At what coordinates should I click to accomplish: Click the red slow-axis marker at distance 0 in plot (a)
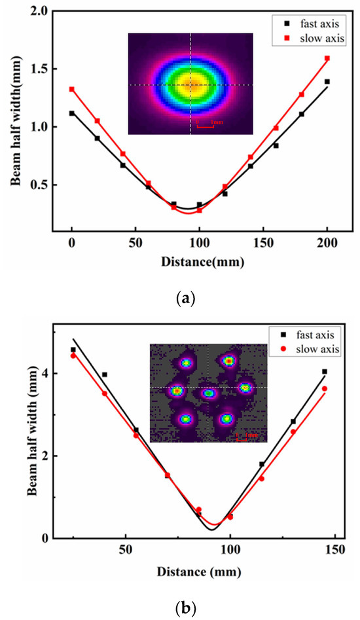point(71,89)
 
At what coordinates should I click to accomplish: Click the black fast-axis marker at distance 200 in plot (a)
point(327,82)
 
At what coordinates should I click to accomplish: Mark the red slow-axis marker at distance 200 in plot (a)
point(327,58)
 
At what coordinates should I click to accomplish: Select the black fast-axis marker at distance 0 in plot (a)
point(71,113)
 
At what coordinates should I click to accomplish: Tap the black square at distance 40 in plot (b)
point(104,374)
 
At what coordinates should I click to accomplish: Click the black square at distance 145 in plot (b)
point(325,371)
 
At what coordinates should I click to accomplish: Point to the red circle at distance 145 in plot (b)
point(325,389)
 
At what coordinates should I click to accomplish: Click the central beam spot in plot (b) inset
point(209,393)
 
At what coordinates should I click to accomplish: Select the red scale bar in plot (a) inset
point(206,124)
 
